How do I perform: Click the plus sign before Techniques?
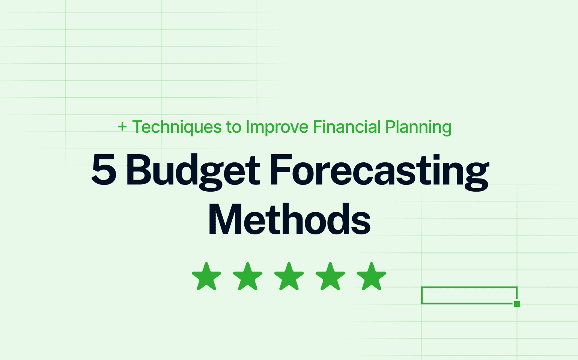pos(122,127)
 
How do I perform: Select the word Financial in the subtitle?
pos(347,127)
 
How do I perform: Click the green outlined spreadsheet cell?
pos(469,295)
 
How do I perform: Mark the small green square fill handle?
pos(517,304)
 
